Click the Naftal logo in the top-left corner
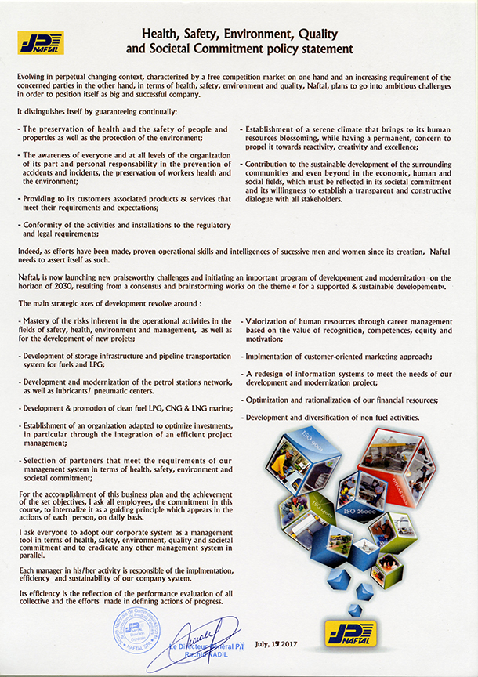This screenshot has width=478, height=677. pyautogui.click(x=42, y=42)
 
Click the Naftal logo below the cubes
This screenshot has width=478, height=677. pyautogui.click(x=351, y=632)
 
